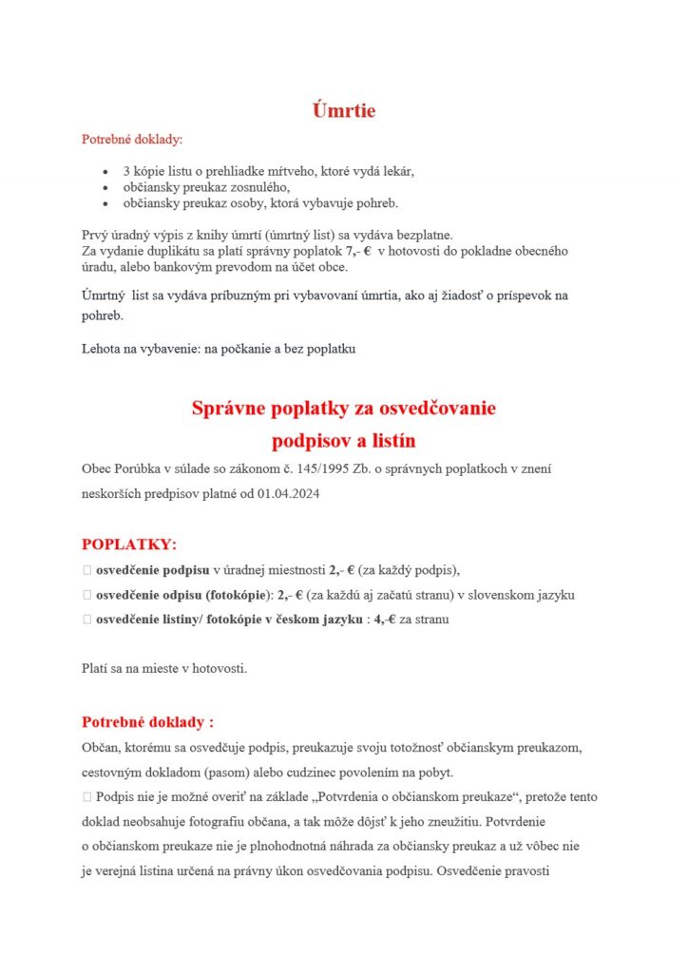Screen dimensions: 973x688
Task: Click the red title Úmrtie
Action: pos(344,110)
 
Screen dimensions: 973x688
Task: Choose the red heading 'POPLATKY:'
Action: pos(128,544)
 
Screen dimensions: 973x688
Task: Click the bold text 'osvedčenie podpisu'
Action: pos(152,570)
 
